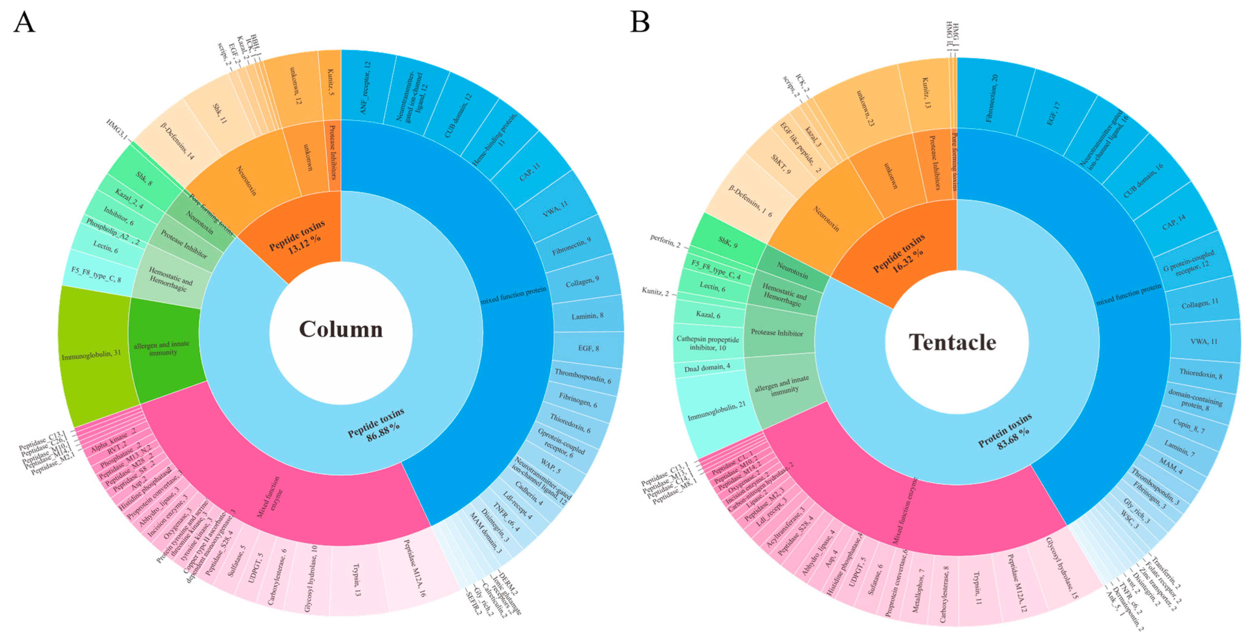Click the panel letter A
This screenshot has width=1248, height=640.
point(24,22)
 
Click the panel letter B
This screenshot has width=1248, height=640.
point(640,22)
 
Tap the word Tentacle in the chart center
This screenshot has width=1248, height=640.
point(952,342)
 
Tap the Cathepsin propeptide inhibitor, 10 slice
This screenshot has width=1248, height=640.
point(708,343)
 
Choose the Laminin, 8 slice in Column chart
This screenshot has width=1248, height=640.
point(587,316)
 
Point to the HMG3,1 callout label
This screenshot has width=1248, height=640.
point(116,130)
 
